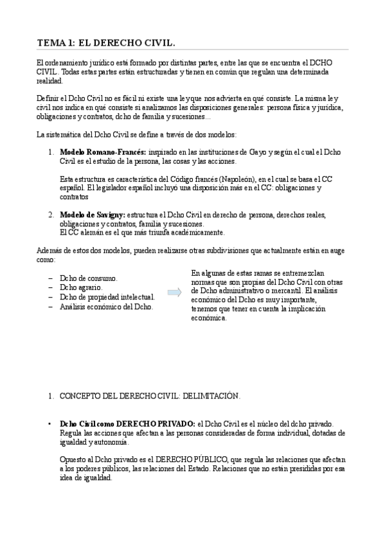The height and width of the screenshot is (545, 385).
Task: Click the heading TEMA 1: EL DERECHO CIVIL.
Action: pyautogui.click(x=106, y=42)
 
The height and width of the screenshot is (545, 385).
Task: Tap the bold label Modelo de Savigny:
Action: pyautogui.click(x=92, y=215)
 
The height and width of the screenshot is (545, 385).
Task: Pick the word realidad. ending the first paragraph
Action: pyautogui.click(x=49, y=82)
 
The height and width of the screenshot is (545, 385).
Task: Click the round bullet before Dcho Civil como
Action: pyautogui.click(x=49, y=425)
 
